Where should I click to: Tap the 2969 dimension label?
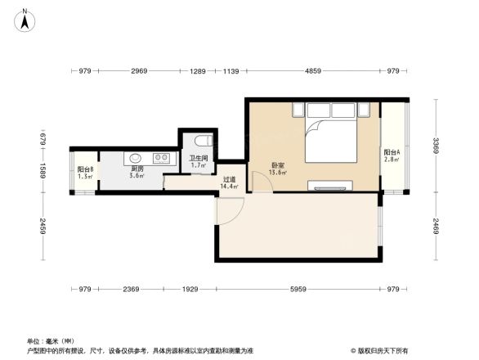(x=139, y=72)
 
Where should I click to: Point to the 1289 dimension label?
(x=199, y=72)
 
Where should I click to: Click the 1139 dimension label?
(x=231, y=72)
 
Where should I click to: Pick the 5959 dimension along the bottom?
(x=298, y=290)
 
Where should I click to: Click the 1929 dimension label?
(x=190, y=290)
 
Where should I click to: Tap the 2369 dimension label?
(x=131, y=290)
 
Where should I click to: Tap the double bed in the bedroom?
(x=331, y=140)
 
